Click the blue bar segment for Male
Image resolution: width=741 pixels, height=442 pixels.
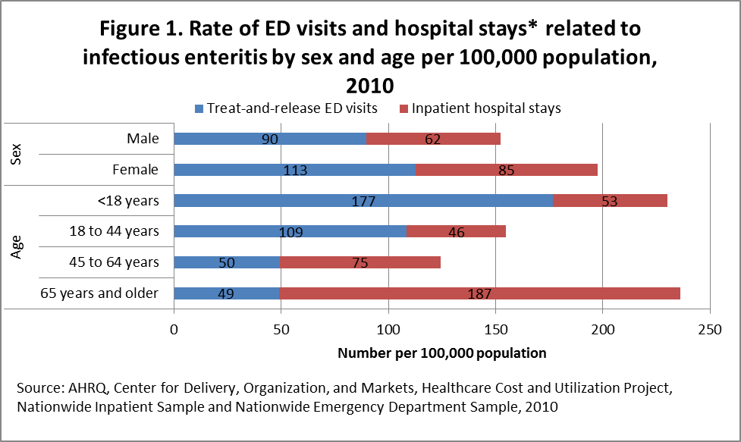(x=270, y=139)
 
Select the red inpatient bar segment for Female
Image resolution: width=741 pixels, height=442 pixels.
(x=506, y=170)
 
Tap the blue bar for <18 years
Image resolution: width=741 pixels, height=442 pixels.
(x=363, y=201)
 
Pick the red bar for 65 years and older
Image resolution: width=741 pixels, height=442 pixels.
(x=479, y=293)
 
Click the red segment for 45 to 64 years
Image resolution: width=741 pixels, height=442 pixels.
(x=360, y=262)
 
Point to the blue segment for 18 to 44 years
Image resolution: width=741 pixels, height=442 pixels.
(x=290, y=231)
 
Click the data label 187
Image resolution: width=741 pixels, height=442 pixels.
(x=480, y=294)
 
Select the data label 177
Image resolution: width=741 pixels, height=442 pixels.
(x=363, y=202)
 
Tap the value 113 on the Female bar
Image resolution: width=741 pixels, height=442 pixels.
(x=295, y=171)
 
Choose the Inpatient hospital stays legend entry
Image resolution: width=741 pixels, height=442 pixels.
(x=485, y=108)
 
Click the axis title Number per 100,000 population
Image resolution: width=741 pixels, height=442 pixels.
(x=441, y=353)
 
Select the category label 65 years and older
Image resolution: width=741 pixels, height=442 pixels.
(x=99, y=293)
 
